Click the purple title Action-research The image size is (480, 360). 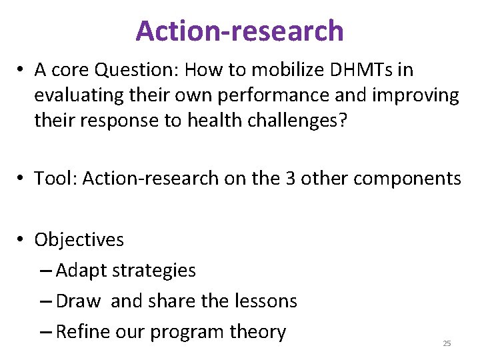(239, 31)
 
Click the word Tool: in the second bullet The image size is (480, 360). (57, 178)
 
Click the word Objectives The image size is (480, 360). (79, 239)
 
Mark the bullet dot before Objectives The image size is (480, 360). (22, 240)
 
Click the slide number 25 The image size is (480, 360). (447, 343)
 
